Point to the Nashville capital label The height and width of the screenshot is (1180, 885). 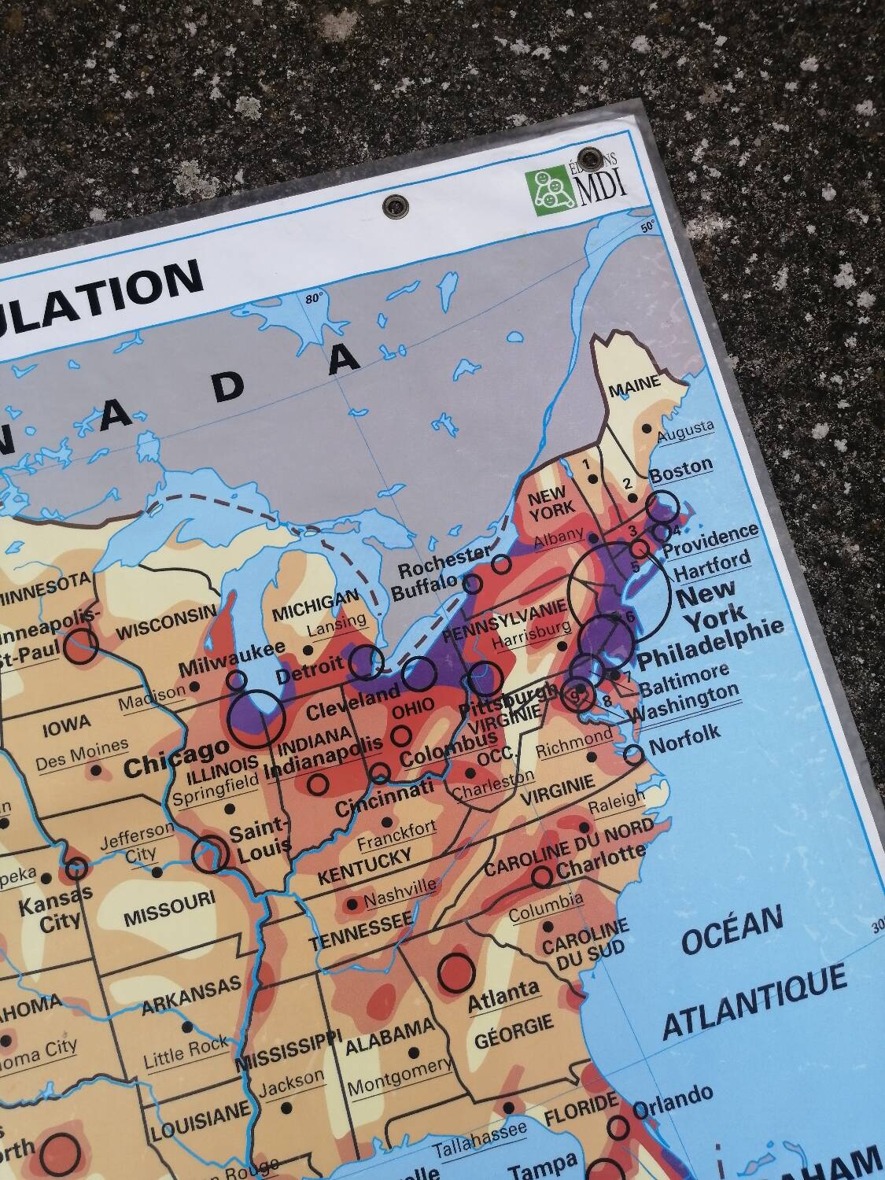400,892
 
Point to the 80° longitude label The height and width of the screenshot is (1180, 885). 315,299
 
